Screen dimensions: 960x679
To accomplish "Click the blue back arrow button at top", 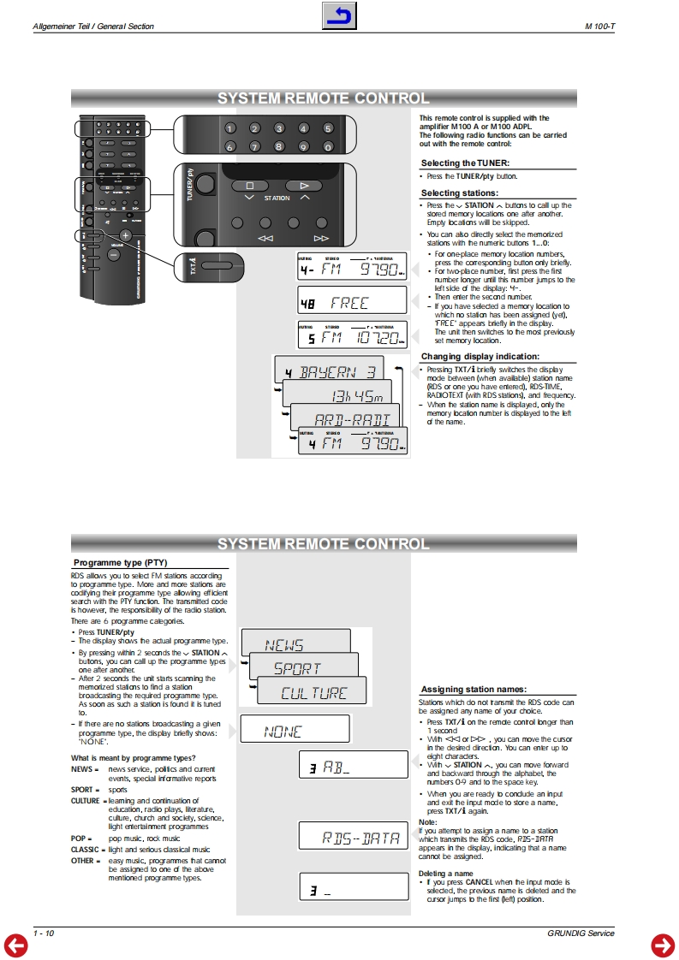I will pyautogui.click(x=339, y=16).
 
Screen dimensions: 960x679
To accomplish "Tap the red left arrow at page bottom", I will pyautogui.click(x=16, y=945).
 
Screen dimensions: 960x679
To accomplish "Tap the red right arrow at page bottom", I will pyautogui.click(x=663, y=945).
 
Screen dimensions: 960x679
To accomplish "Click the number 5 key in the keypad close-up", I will pyautogui.click(x=327, y=128).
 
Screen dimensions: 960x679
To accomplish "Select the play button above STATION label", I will pyautogui.click(x=301, y=185).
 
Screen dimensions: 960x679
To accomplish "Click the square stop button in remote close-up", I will pyautogui.click(x=250, y=185).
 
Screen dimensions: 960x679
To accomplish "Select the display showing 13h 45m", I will pyautogui.click(x=338, y=395).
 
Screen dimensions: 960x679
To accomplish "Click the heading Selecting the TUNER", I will pyautogui.click(x=465, y=163).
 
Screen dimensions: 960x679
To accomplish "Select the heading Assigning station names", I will pyautogui.click(x=473, y=689).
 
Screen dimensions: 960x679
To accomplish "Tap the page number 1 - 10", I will pyautogui.click(x=44, y=933).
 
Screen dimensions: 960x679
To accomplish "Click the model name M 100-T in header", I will pyautogui.click(x=600, y=27).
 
